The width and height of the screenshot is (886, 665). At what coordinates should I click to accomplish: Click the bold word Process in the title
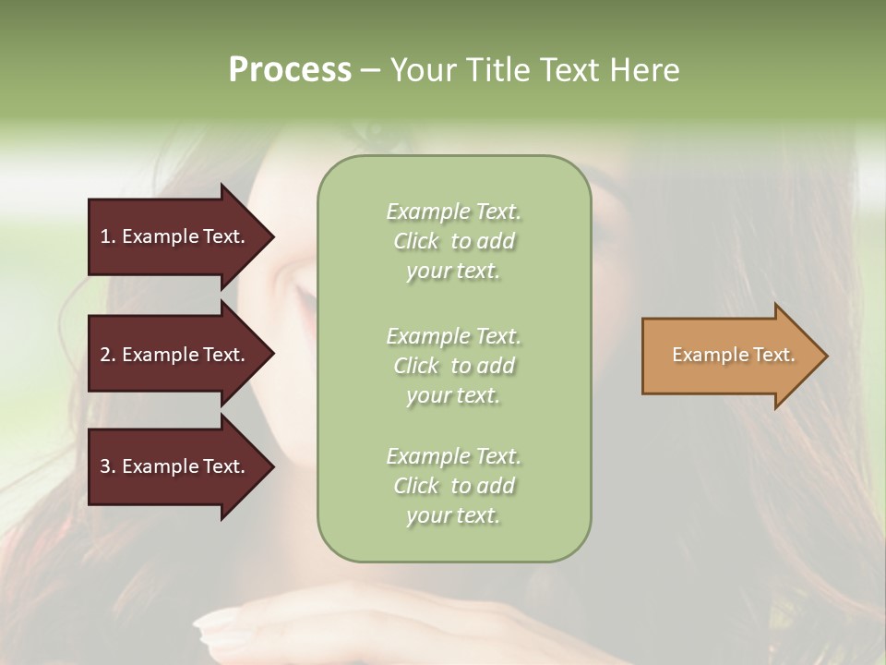point(290,69)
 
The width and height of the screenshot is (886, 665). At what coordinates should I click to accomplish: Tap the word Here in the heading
point(643,69)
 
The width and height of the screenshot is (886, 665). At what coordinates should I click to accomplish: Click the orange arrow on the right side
point(729,356)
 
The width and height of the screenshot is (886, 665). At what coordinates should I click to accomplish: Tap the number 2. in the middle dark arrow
point(108,355)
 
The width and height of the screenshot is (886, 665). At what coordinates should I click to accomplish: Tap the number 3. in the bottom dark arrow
point(108,466)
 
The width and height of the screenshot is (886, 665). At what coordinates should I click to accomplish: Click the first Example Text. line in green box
point(453,212)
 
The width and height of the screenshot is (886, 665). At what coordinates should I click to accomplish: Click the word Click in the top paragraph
point(416,241)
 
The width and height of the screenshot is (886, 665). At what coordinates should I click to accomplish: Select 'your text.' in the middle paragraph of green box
point(453,395)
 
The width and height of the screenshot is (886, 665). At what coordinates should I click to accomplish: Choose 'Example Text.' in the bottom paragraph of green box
point(453,456)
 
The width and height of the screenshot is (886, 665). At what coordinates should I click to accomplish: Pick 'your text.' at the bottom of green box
point(453,515)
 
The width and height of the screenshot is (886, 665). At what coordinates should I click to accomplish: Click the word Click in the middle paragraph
point(416,366)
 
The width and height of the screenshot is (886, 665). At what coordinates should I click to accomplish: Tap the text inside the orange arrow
point(733,355)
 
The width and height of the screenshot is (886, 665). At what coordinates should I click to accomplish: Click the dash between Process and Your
point(371,69)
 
